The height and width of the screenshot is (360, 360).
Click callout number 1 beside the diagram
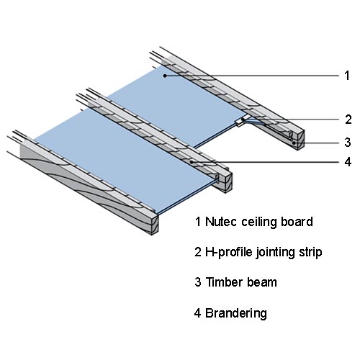[x=347, y=76]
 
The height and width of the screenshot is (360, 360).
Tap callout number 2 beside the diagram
[x=348, y=120]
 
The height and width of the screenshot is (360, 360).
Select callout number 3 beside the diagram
[x=348, y=142]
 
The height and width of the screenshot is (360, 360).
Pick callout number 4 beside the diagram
[x=348, y=162]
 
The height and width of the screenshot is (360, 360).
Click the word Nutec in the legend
[x=221, y=222]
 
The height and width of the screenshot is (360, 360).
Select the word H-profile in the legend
[x=228, y=253]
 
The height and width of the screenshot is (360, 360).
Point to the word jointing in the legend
[x=275, y=253]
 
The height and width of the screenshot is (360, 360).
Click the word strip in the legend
[x=310, y=253]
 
